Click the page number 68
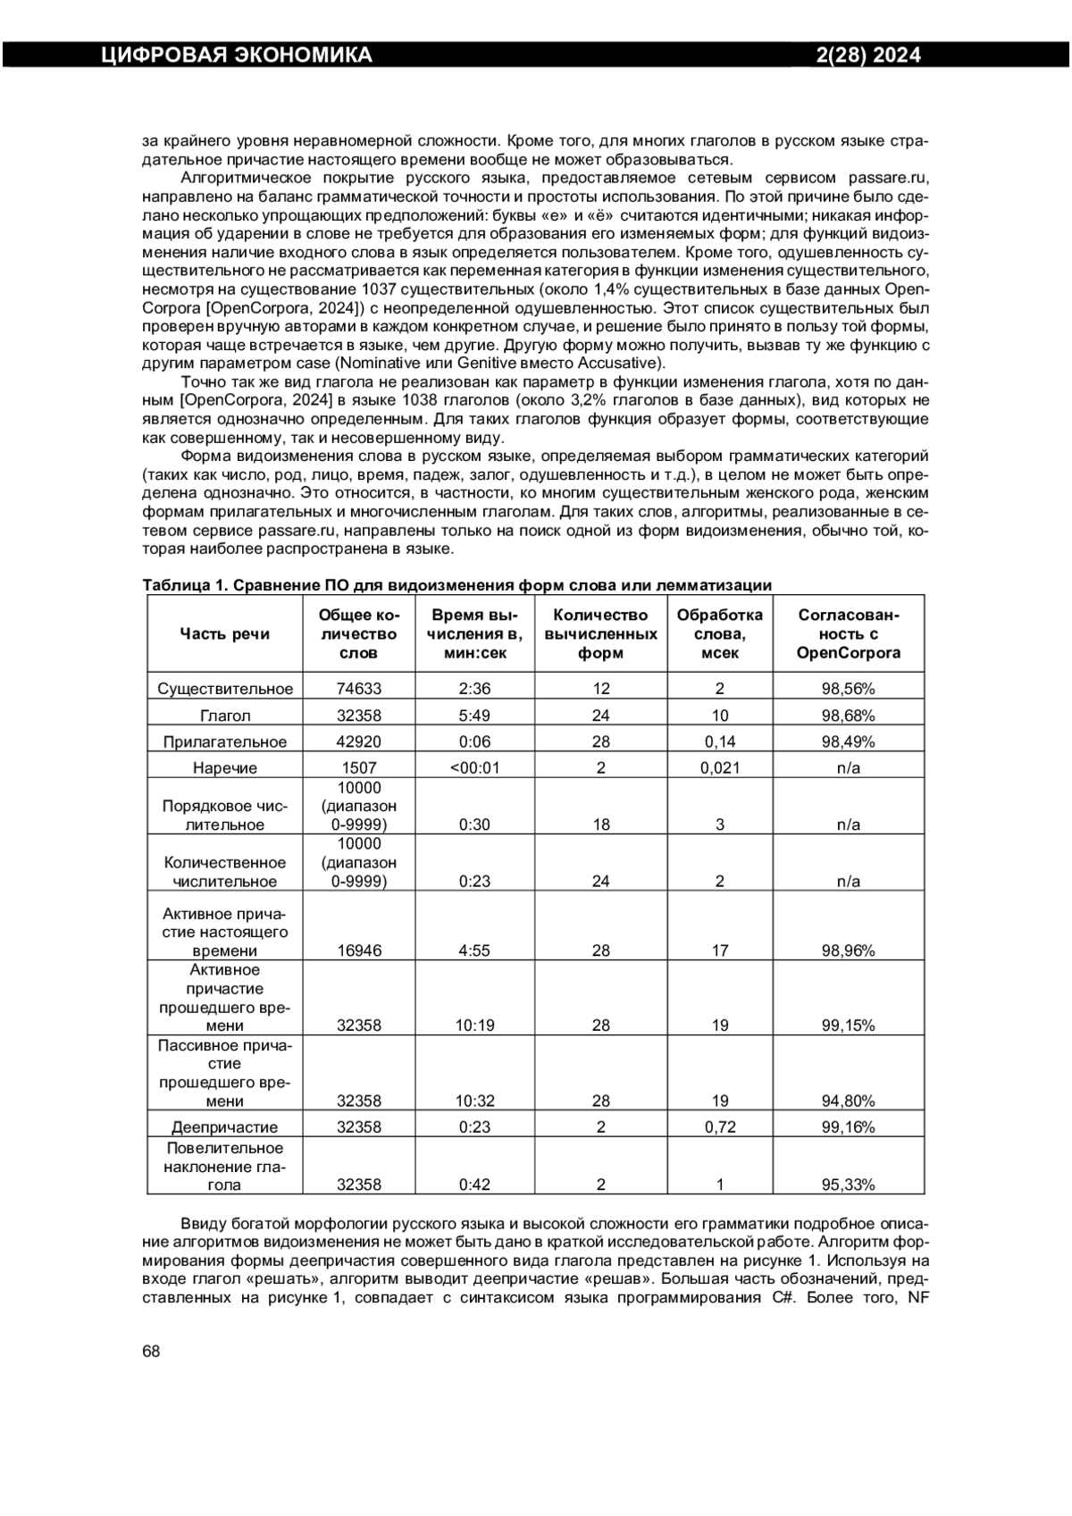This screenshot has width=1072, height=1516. pyautogui.click(x=151, y=1351)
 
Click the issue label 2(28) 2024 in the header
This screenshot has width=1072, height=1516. pyautogui.click(x=868, y=55)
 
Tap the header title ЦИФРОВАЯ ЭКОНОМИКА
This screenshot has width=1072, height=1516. pyautogui.click(x=236, y=55)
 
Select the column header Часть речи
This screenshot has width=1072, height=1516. pyautogui.click(x=224, y=633)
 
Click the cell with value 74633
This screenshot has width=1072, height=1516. pyautogui.click(x=359, y=689)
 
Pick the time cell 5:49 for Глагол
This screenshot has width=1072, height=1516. pyautogui.click(x=474, y=716)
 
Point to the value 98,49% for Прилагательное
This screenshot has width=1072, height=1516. pyautogui.click(x=848, y=741)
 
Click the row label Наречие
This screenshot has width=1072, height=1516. pyautogui.click(x=224, y=767)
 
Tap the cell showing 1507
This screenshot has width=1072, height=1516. pyautogui.click(x=359, y=767)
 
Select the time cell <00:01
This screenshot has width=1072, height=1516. pyautogui.click(x=474, y=767)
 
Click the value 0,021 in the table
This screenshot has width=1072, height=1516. pyautogui.click(x=720, y=767)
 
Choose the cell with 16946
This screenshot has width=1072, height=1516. pyautogui.click(x=359, y=951)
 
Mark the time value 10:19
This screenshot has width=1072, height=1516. pyautogui.click(x=474, y=1026)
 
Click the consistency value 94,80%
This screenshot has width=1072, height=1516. pyautogui.click(x=848, y=1101)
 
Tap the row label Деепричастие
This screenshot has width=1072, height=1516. pyautogui.click(x=224, y=1127)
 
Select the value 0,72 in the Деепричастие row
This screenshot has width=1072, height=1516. pyautogui.click(x=720, y=1127)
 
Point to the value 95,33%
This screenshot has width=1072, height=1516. pyautogui.click(x=848, y=1185)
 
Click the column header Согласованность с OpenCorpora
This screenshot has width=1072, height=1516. pyautogui.click(x=848, y=633)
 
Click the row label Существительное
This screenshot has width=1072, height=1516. pyautogui.click(x=224, y=689)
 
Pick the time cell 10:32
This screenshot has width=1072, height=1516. pyautogui.click(x=474, y=1101)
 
